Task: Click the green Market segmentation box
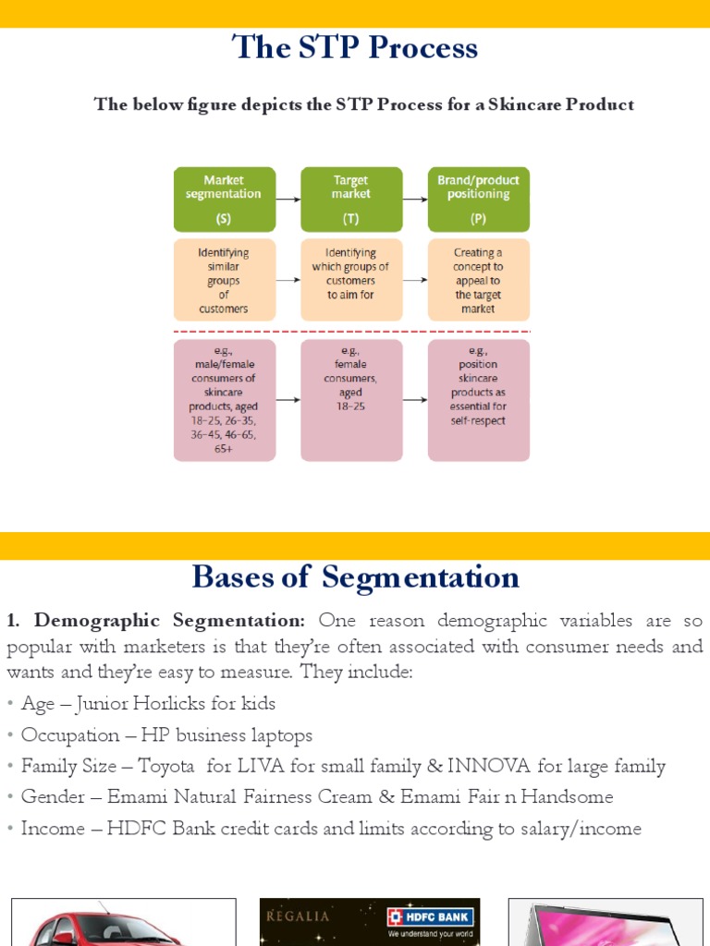[x=224, y=199]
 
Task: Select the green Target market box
[x=351, y=199]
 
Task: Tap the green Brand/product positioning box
[x=478, y=199]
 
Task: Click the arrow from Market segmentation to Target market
[x=288, y=199]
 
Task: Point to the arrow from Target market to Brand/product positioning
[x=415, y=199]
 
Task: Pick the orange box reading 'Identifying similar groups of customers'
[x=224, y=280]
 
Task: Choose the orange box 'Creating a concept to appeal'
[x=478, y=280]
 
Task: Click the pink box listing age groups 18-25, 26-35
[x=224, y=400]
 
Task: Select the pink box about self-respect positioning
[x=478, y=400]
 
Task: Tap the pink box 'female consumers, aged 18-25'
[x=351, y=400]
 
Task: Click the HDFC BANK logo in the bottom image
[x=430, y=917]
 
